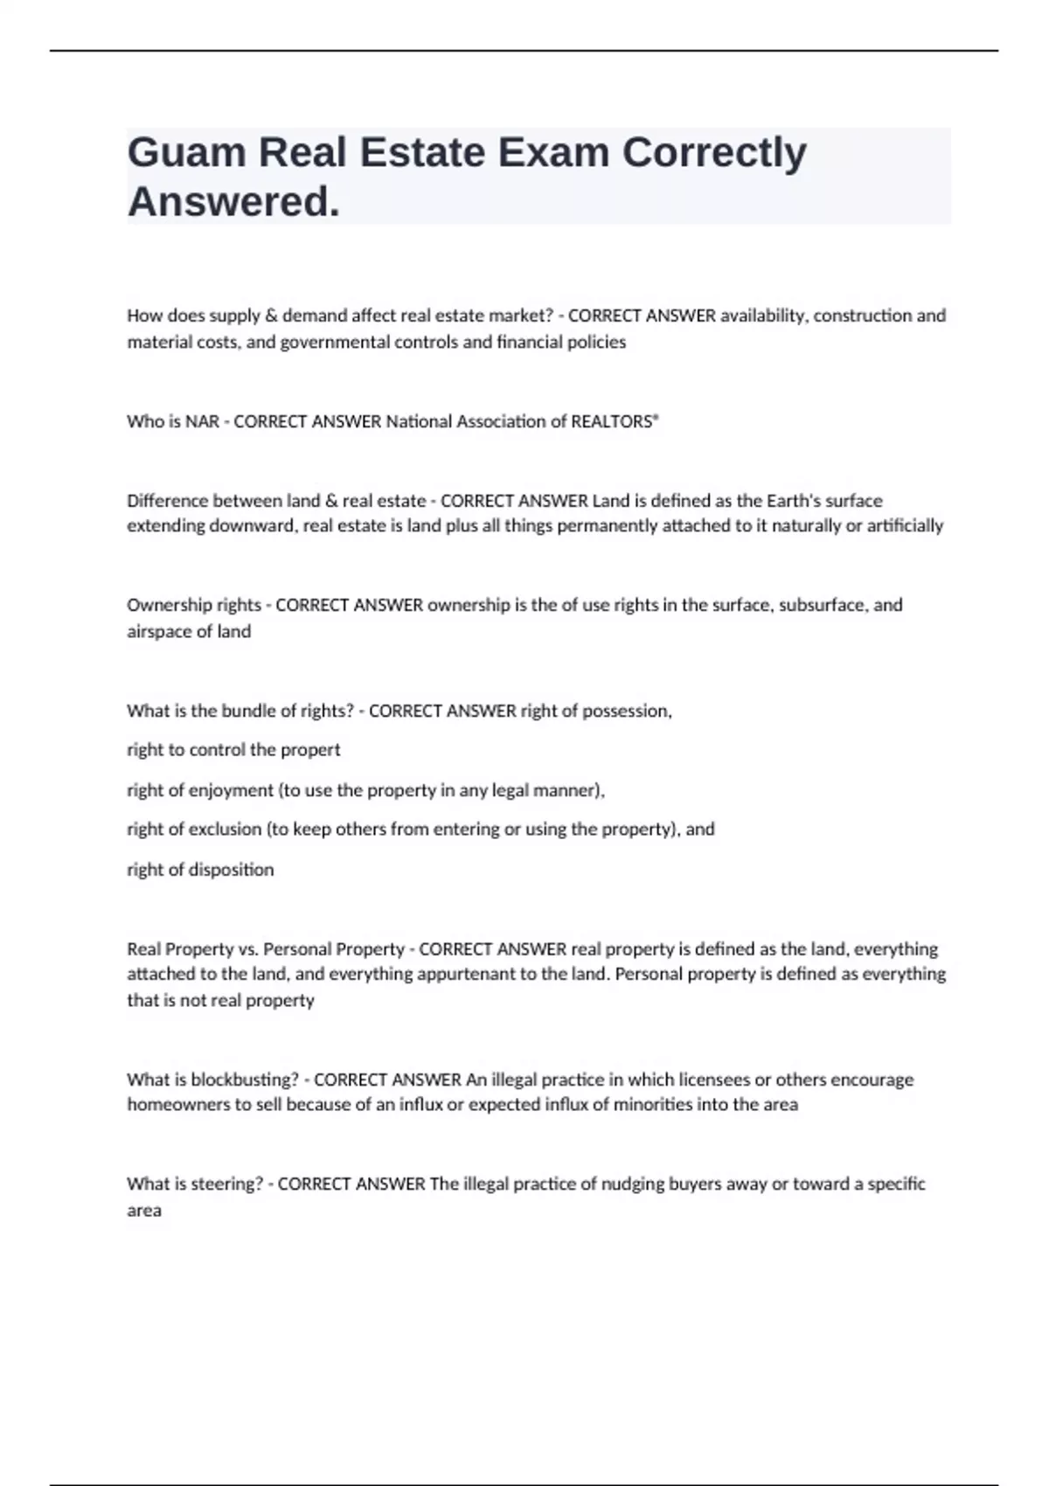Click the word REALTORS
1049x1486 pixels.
pos(612,421)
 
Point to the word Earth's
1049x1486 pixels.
pos(795,501)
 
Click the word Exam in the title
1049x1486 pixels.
pos(553,153)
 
